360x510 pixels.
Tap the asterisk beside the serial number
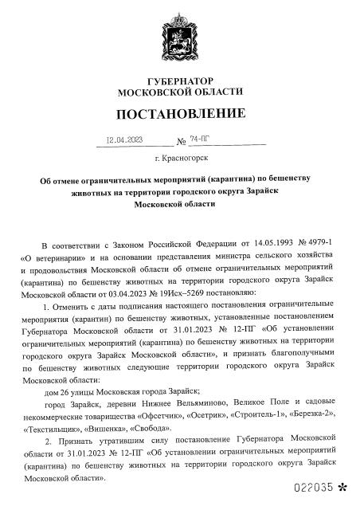click(x=343, y=487)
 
